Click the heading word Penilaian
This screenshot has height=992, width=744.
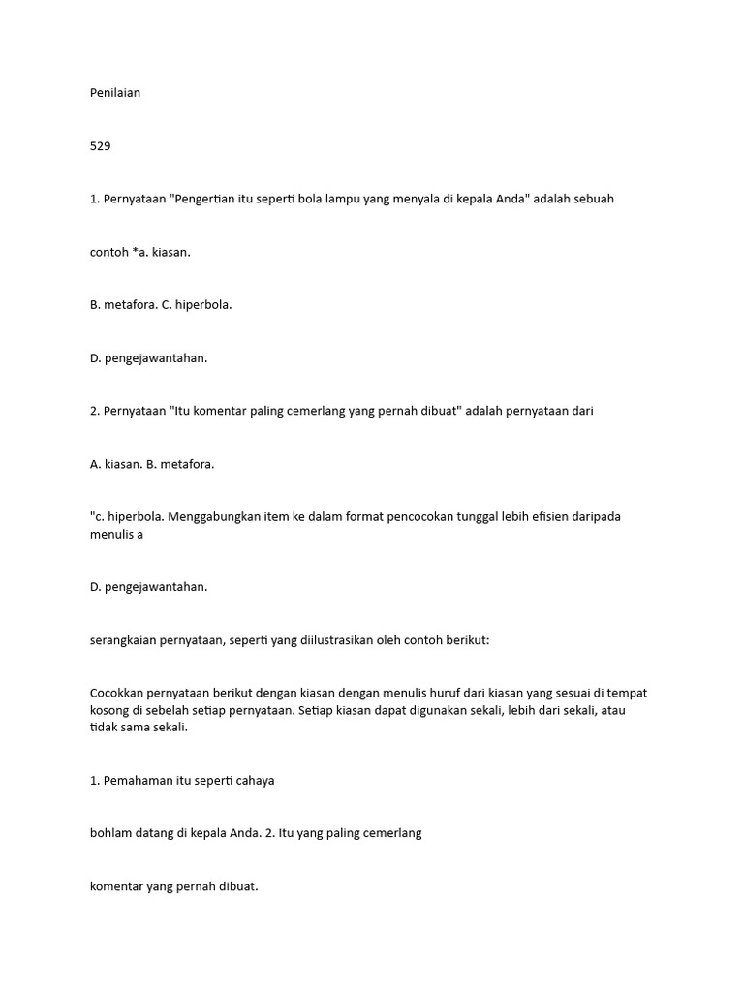tap(114, 93)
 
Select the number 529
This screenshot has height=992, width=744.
tap(100, 146)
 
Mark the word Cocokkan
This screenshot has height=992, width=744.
tap(118, 693)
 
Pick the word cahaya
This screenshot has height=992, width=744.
tap(252, 780)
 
